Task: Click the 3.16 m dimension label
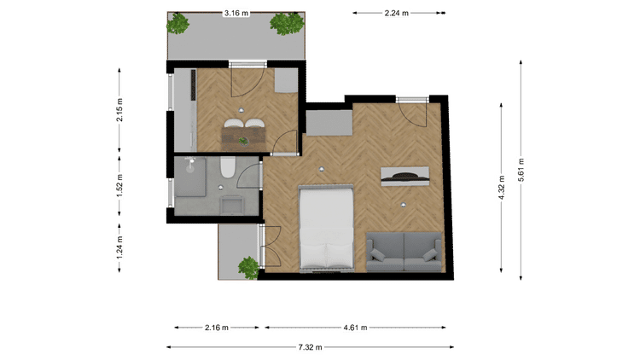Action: tap(236, 13)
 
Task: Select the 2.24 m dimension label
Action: tap(396, 13)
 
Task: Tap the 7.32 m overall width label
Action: tap(311, 347)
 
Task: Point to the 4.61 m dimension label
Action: tap(355, 328)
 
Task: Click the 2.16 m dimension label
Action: tap(217, 328)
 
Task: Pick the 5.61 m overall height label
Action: tap(521, 170)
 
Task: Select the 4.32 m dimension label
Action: tap(501, 188)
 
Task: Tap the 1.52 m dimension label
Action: tap(119, 186)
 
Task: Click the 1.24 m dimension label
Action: tap(119, 247)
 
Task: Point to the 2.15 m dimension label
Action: tap(119, 110)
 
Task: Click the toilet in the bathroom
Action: tap(228, 167)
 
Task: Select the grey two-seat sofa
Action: tap(404, 252)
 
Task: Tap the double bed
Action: tap(326, 229)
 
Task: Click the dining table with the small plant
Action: tap(244, 138)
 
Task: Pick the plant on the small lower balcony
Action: tap(248, 267)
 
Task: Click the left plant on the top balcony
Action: tap(178, 23)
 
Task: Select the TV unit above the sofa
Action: tap(404, 177)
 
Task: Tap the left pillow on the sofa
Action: tap(377, 256)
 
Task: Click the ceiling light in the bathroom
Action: tap(220, 188)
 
